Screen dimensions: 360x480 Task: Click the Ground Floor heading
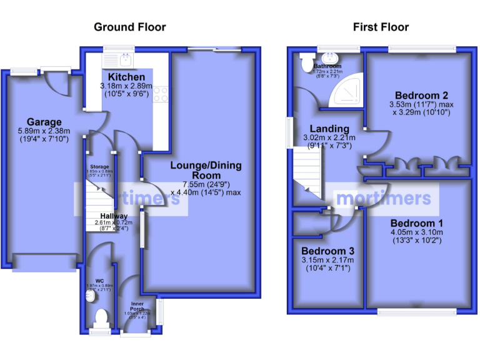coord(130,27)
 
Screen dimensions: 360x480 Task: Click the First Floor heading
coord(381,27)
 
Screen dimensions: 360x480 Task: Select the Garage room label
coord(44,122)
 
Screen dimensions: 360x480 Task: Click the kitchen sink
coord(126,60)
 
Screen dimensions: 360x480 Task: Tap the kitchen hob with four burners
coord(161,94)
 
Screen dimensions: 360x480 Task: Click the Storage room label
coord(99,167)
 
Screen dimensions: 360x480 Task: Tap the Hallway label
coord(101,216)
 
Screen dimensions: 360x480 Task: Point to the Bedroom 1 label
coord(417,223)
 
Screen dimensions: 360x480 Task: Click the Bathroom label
coord(327,66)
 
